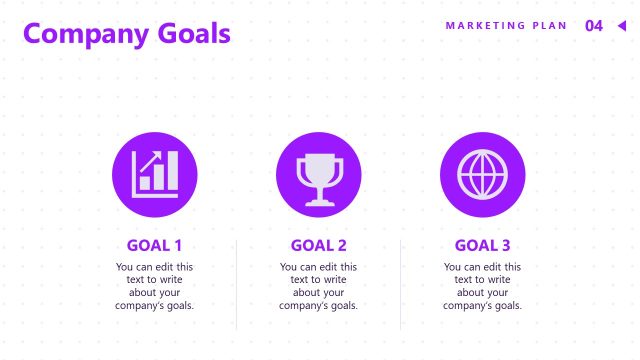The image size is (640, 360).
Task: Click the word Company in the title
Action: click(86, 34)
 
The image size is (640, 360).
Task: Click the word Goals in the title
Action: click(194, 34)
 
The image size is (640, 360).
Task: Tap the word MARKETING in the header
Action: click(483, 26)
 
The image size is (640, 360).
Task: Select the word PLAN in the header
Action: click(550, 26)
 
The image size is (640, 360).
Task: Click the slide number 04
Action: click(594, 26)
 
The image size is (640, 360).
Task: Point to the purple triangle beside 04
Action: click(621, 26)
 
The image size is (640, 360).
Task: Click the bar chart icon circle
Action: click(155, 175)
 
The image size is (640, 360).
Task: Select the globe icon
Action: click(483, 175)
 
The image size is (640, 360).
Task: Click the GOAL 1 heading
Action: click(155, 245)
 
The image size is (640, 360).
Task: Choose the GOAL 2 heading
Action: click(319, 245)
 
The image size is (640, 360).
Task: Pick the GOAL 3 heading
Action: click(483, 245)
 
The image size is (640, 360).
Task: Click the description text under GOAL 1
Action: click(155, 286)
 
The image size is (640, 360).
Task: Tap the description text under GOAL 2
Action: click(319, 286)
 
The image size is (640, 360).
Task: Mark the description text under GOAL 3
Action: click(483, 286)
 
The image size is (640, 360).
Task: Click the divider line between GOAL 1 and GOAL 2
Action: click(237, 285)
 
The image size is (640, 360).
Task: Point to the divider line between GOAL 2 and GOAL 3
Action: click(401, 285)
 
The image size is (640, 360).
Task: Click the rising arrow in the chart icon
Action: click(150, 163)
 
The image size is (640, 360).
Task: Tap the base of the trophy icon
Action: click(319, 202)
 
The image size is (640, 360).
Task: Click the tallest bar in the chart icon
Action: click(171, 171)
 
